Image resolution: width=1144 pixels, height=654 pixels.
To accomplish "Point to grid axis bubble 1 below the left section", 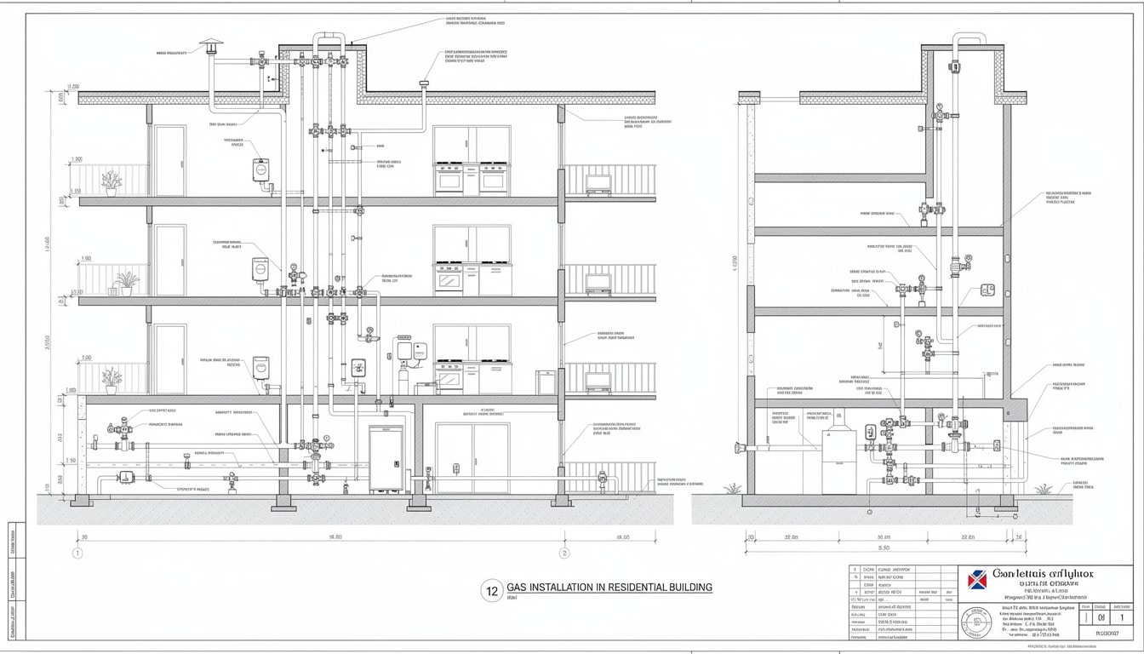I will click(x=77, y=553).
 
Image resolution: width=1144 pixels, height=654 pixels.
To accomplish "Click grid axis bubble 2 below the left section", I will click(x=563, y=553).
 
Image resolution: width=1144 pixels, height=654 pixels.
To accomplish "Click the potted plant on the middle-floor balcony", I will click(x=127, y=283).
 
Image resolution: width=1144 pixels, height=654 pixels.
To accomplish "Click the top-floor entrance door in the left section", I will click(x=170, y=160).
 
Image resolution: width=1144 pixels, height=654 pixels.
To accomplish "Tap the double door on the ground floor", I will click(x=472, y=457).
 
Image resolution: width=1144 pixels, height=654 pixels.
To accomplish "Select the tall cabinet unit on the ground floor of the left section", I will click(x=386, y=459).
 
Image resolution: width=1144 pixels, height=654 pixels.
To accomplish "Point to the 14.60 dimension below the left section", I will click(x=335, y=537).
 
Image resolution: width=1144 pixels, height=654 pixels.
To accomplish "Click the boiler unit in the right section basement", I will click(x=838, y=460).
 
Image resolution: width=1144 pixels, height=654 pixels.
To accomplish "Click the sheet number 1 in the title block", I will click(x=1121, y=617).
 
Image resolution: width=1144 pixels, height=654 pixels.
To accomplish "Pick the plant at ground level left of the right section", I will click(x=732, y=488).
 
